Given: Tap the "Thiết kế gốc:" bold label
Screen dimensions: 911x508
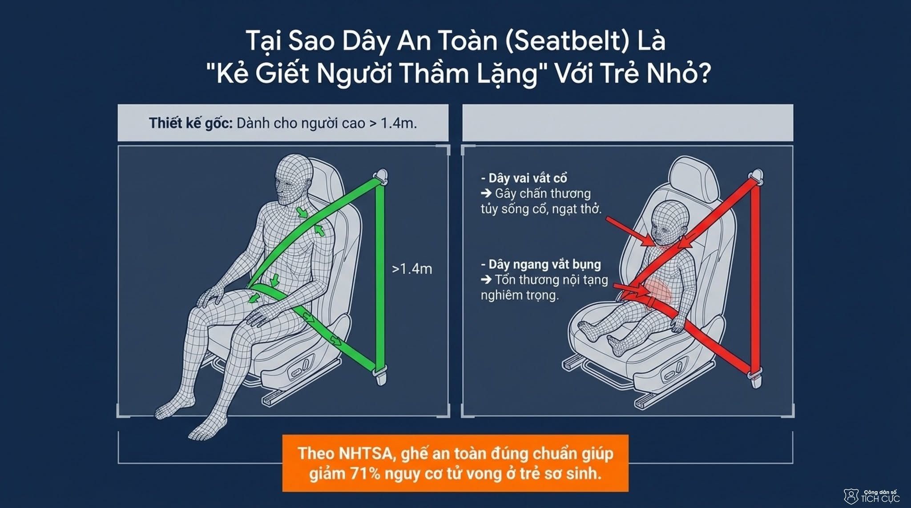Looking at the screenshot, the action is [x=191, y=123].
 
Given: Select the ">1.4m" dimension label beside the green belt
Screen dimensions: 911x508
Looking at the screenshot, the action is [x=412, y=269].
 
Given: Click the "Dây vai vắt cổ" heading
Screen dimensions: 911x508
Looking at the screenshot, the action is [x=524, y=178].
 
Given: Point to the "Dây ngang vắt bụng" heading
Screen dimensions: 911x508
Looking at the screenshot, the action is [x=541, y=264].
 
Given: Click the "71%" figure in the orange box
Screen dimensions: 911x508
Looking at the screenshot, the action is [x=365, y=473].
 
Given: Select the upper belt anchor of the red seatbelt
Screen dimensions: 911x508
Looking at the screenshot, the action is [x=757, y=176].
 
